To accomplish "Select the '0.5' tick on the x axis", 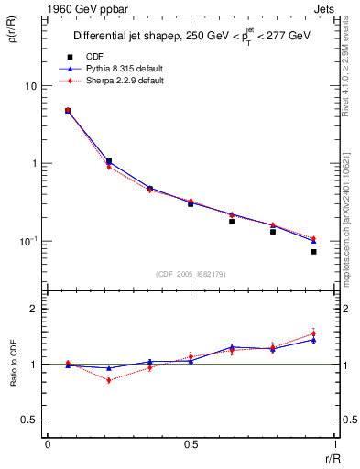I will [x=191, y=444].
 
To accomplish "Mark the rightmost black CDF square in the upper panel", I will [x=313, y=252].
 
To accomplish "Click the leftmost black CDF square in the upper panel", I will [x=68, y=111].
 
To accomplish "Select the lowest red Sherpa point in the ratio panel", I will [x=109, y=380].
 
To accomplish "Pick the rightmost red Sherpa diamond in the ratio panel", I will [x=313, y=333].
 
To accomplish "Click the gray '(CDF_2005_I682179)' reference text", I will [x=191, y=274].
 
